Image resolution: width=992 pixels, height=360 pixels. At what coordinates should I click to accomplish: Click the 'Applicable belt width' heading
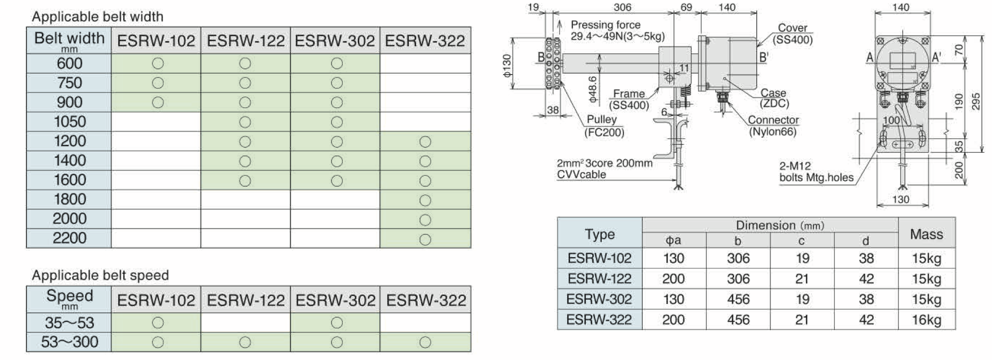[x=98, y=17]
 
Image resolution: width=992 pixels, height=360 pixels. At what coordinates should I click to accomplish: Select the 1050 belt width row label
[x=70, y=122]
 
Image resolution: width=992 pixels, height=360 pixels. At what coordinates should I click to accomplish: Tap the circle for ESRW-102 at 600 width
[x=157, y=64]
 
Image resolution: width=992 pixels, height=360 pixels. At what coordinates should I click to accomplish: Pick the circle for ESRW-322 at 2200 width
[x=425, y=239]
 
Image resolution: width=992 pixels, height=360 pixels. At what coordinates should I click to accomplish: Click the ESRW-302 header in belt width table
[x=335, y=41]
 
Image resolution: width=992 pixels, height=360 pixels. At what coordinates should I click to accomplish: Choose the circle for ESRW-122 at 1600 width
[x=245, y=180]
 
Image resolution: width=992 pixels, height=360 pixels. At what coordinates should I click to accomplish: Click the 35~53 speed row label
[x=69, y=322]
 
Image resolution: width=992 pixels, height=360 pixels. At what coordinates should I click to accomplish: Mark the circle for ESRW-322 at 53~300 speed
[x=425, y=342]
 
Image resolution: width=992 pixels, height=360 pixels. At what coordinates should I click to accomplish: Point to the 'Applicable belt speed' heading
[x=100, y=275]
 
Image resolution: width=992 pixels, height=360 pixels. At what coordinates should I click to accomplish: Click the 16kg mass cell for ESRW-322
[x=926, y=320]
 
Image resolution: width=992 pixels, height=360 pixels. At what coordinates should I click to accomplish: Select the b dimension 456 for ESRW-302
[x=738, y=299]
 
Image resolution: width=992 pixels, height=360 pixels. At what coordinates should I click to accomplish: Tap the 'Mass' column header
[x=926, y=234]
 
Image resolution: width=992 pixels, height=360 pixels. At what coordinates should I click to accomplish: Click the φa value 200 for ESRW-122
[x=673, y=279]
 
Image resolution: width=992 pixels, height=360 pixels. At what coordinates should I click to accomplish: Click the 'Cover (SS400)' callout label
[x=792, y=34]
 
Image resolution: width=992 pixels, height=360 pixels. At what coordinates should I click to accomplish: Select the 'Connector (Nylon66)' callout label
[x=773, y=126]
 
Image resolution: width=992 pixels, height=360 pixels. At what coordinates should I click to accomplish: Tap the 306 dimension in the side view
[x=622, y=7]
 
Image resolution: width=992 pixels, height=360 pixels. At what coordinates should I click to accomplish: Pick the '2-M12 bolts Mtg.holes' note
[x=816, y=172]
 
